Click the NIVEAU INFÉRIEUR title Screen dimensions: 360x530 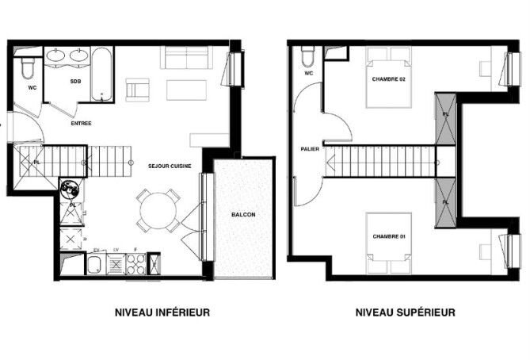(162, 312)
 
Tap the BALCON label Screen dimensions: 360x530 (243, 215)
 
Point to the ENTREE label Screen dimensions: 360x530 (82, 123)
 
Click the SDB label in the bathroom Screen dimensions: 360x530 (74, 82)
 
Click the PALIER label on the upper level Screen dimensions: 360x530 (310, 149)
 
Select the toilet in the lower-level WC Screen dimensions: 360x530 (28, 68)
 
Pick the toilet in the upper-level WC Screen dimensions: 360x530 (307, 56)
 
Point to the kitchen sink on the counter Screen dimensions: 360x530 (94, 266)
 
